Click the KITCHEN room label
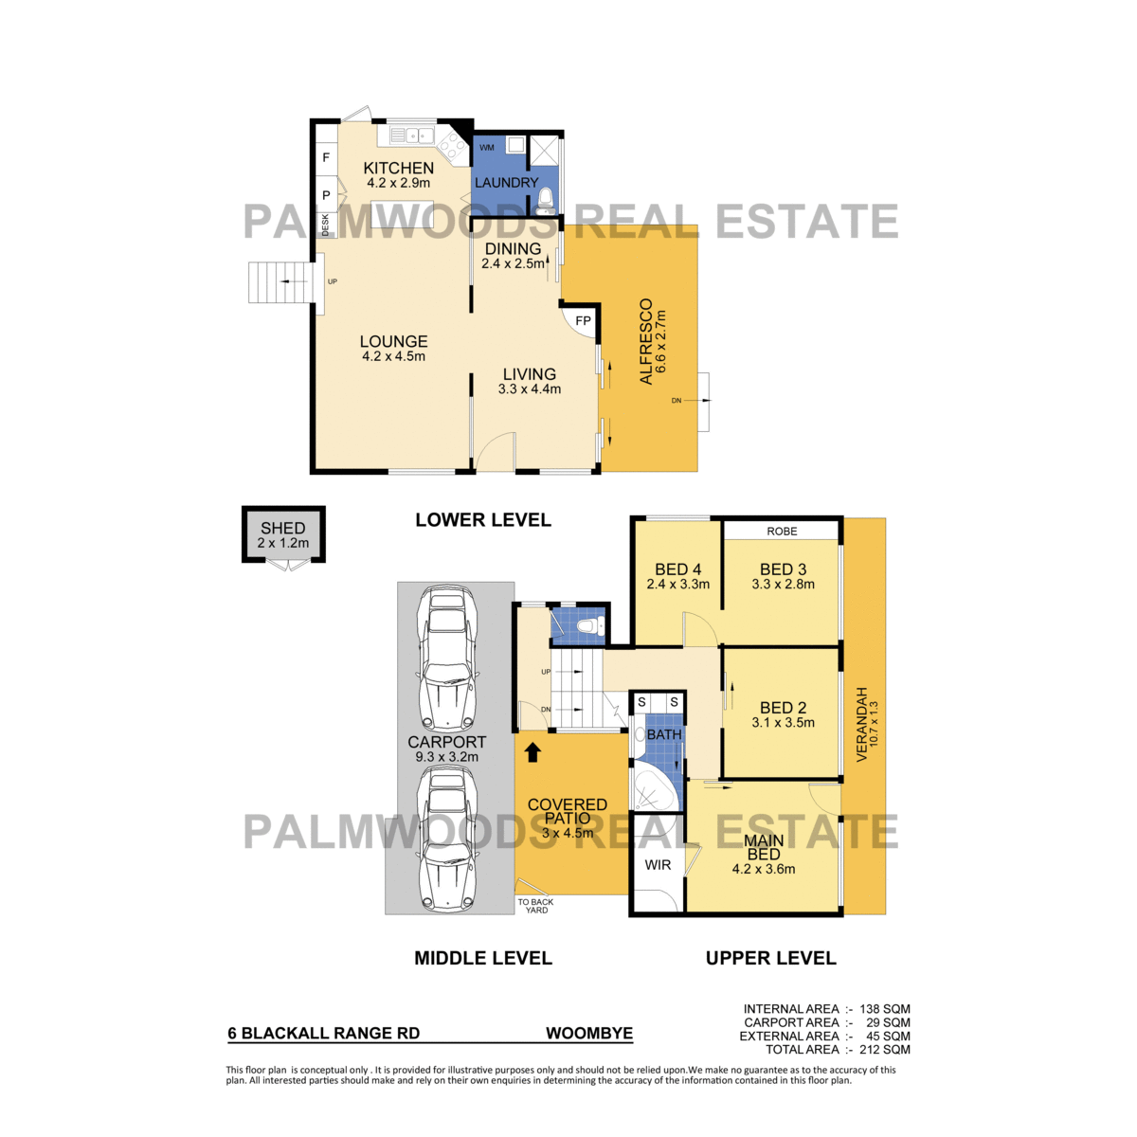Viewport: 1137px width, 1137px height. point(398,168)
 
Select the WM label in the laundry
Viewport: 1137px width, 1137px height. point(487,148)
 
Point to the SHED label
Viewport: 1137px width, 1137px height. point(283,528)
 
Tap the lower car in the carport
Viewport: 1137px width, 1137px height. point(448,839)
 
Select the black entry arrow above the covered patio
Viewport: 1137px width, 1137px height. point(532,752)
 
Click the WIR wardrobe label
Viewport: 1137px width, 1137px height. point(658,865)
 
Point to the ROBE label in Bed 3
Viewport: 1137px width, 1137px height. point(782,531)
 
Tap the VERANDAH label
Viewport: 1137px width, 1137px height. point(861,724)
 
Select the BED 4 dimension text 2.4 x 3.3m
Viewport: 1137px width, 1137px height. point(678,585)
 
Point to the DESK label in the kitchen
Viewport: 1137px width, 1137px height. point(325,225)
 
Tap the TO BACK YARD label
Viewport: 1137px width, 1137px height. point(535,906)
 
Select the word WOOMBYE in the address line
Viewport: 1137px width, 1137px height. point(588,1033)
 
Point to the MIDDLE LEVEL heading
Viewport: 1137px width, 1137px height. point(483,958)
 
